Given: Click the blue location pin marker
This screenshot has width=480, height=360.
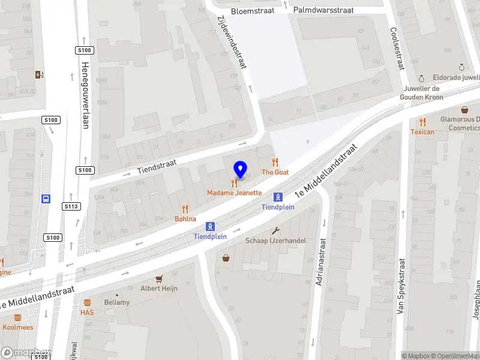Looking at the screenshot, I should pyautogui.click(x=240, y=169).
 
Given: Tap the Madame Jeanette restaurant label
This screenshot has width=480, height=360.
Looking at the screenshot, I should pyautogui.click(x=235, y=193).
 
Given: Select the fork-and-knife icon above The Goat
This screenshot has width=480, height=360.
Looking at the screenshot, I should pyautogui.click(x=275, y=162).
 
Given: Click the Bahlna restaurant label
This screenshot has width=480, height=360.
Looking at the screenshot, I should pyautogui.click(x=185, y=219).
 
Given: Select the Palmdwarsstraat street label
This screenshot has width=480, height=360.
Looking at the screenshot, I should pyautogui.click(x=323, y=10).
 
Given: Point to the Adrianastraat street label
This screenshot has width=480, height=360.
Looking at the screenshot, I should pyautogui.click(x=320, y=262).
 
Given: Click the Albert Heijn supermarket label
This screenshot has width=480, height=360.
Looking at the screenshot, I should pyautogui.click(x=158, y=288).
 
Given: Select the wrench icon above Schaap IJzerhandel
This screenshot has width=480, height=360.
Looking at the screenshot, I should pyautogui.click(x=276, y=231).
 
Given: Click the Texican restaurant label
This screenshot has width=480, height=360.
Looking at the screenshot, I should pyautogui.click(x=422, y=131).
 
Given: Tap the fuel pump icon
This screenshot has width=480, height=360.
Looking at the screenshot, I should pyautogui.click(x=40, y=74).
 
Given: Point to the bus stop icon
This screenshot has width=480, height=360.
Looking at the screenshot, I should pyautogui.click(x=46, y=199).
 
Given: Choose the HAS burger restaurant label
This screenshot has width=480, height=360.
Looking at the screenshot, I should pyautogui.click(x=87, y=312).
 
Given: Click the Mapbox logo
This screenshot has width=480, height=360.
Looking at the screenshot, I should pyautogui.click(x=26, y=353).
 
